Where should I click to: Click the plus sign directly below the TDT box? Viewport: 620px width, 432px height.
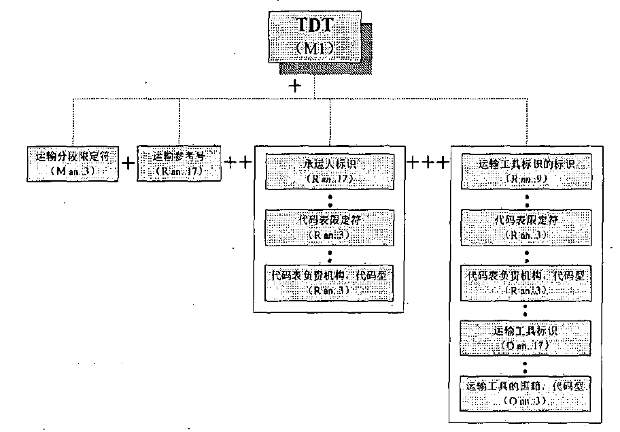[295, 86]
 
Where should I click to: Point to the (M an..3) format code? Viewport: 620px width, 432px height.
[73, 172]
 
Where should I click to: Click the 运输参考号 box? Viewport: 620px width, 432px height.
[179, 163]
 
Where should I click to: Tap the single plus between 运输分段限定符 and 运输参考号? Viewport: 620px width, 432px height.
[128, 164]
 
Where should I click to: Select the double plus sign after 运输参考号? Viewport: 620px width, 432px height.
[238, 163]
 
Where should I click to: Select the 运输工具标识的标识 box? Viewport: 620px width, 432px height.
[527, 171]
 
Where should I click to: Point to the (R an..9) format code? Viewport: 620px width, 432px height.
[527, 180]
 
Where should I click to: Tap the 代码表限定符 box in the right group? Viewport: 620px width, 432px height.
[527, 227]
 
